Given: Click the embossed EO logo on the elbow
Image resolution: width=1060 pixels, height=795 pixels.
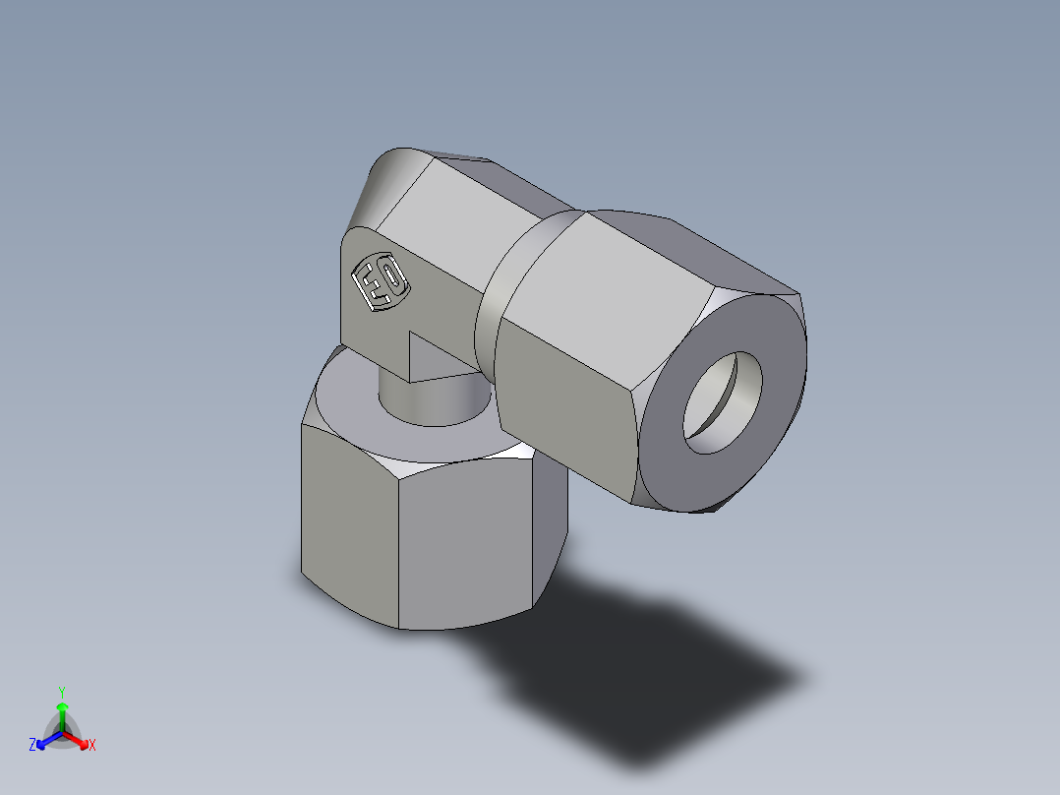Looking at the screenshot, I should [380, 283].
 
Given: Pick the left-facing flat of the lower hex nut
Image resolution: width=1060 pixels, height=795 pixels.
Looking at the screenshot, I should [349, 531].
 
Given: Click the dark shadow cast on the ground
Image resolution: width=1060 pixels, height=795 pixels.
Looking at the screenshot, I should [649, 679].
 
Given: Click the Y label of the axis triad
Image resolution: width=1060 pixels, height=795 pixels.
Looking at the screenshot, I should [62, 691].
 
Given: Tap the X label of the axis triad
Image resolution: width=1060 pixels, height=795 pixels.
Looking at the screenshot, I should [92, 746].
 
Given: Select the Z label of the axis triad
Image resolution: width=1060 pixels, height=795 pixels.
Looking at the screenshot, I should [32, 746].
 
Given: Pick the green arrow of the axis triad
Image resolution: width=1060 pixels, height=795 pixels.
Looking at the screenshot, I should [62, 713].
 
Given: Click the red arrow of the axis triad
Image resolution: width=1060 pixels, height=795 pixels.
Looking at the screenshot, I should [78, 739].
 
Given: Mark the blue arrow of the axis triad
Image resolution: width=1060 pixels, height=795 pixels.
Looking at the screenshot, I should [46, 739].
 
